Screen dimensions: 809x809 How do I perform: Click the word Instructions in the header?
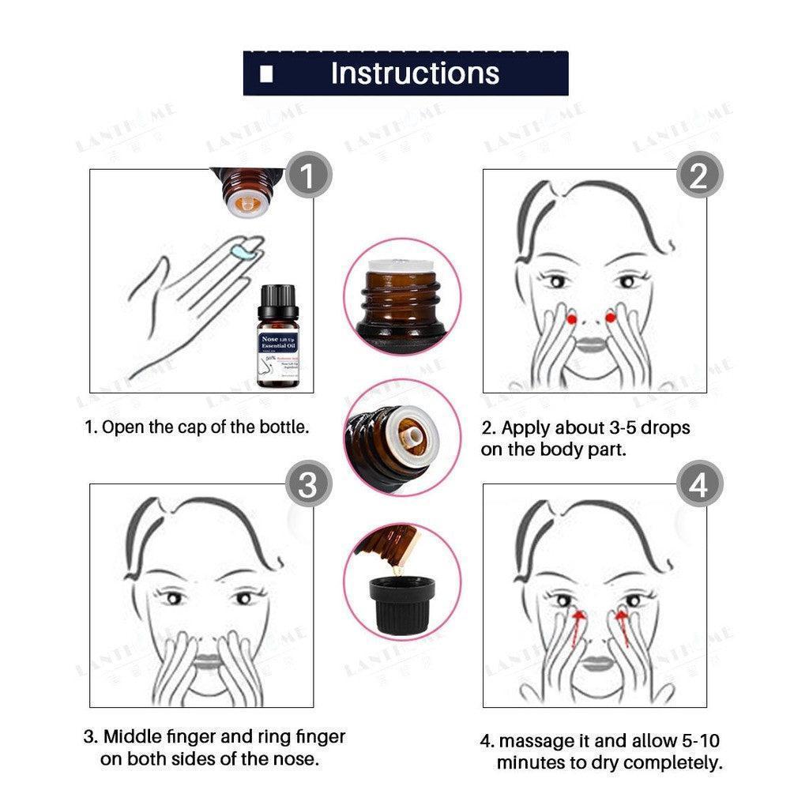click(x=415, y=73)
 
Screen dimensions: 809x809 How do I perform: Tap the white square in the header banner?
click(x=267, y=73)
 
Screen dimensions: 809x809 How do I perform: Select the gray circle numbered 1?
click(x=308, y=175)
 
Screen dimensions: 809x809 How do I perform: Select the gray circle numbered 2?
click(x=699, y=175)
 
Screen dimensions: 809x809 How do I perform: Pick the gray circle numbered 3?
click(x=308, y=484)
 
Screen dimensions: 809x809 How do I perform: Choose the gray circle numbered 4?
click(x=699, y=484)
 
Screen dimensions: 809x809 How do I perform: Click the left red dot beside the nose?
click(x=571, y=318)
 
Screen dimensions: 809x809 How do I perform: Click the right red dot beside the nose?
click(x=610, y=318)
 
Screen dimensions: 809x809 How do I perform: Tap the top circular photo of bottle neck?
click(x=401, y=296)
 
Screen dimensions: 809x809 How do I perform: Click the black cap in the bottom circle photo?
click(x=399, y=600)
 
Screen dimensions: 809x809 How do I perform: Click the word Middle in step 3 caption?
click(x=129, y=736)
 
